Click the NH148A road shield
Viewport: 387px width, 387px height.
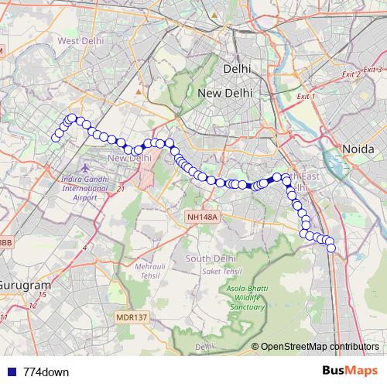tap(203, 217)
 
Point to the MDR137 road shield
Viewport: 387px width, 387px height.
tap(131, 317)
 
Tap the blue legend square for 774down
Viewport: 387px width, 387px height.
tap(12, 372)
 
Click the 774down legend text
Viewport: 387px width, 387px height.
tap(46, 372)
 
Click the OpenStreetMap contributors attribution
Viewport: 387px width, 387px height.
tap(319, 347)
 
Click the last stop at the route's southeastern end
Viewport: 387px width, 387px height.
tap(332, 248)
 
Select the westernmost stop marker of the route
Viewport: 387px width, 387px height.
tap(55, 139)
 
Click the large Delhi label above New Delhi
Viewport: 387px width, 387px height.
tap(237, 69)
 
